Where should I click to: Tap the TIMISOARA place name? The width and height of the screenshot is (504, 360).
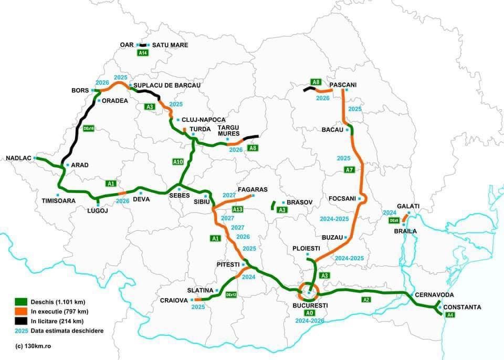[x=59, y=200]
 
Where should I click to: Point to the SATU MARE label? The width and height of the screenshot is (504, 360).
[x=170, y=45]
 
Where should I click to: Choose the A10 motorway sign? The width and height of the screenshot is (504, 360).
[x=178, y=162]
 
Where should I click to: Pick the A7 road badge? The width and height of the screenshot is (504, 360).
[x=349, y=170]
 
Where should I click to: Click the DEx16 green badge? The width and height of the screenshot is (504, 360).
[x=88, y=129]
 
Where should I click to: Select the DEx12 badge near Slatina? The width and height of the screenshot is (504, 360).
[x=231, y=295]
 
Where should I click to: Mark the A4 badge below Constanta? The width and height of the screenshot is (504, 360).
[x=449, y=315]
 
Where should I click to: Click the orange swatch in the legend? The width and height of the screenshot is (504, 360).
[x=21, y=311]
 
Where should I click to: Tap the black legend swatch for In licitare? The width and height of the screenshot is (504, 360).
[x=21, y=321]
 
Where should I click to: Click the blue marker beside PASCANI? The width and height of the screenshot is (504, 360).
[x=346, y=90]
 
